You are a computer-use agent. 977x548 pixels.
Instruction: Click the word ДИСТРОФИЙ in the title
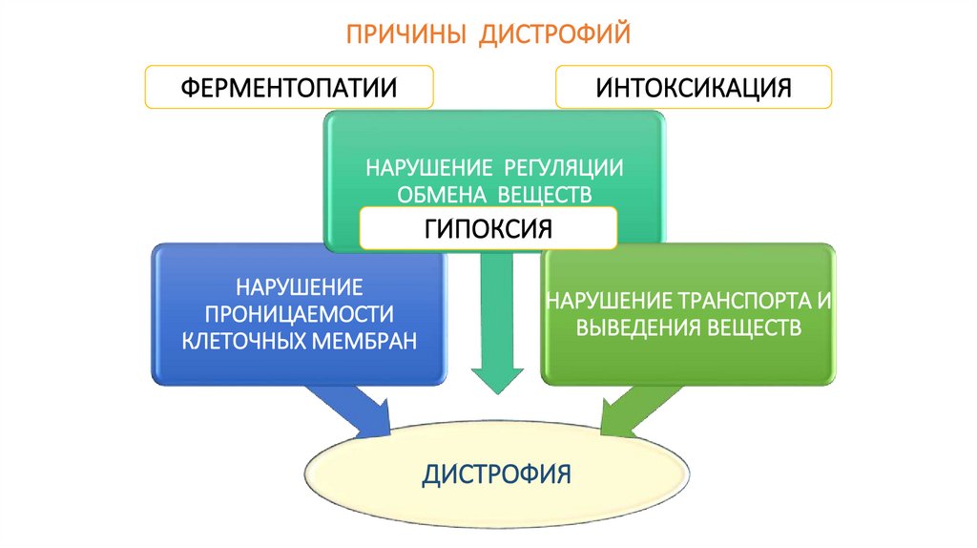(554, 36)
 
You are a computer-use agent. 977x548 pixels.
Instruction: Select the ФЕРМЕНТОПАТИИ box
(289, 88)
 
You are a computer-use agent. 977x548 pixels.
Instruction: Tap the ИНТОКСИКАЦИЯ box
(694, 87)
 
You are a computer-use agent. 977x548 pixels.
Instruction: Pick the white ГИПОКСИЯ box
(488, 230)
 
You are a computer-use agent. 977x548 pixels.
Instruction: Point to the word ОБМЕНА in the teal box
(432, 195)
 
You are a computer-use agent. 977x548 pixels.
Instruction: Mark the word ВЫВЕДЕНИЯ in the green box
(633, 328)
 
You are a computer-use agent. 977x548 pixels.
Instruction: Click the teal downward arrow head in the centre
(497, 379)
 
